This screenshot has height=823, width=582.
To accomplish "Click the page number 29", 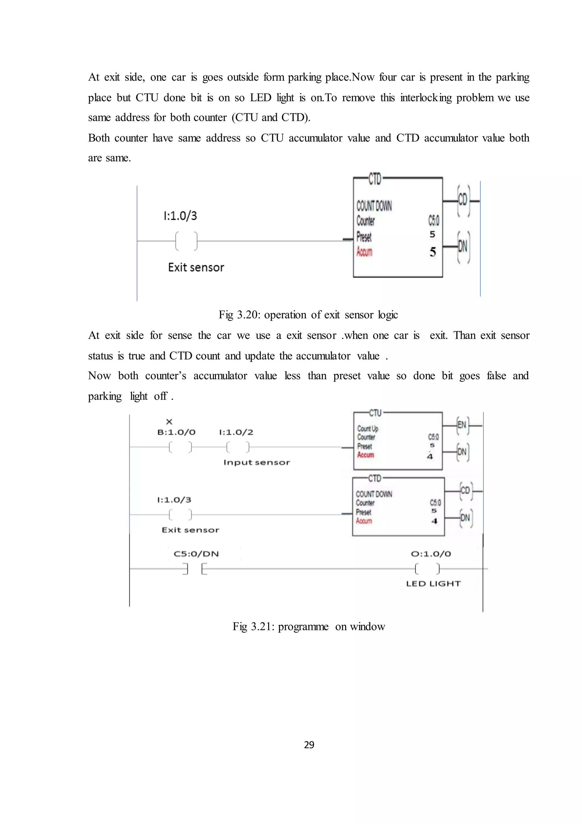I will coord(309,745).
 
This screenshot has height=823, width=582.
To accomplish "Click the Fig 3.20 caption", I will coord(308,315).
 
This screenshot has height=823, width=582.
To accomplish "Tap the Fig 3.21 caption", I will coord(309,626).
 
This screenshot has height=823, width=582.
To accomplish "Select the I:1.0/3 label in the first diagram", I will coord(180,216).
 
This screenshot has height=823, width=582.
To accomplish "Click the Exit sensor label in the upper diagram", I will coord(196,267).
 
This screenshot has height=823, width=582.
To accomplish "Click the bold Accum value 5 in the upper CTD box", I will coord(433,252).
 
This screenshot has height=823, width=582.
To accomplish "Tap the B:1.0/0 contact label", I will coord(176,432).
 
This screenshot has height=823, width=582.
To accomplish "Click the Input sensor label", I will coord(257,462).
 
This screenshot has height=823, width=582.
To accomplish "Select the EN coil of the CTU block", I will coord(462,425).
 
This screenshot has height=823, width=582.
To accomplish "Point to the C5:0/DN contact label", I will coord(196,554).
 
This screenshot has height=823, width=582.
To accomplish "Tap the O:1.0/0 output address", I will coord(431,554).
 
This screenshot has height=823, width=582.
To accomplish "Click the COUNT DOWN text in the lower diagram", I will coord(374,494).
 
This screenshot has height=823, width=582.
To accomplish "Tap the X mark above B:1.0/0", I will coord(169,422).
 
